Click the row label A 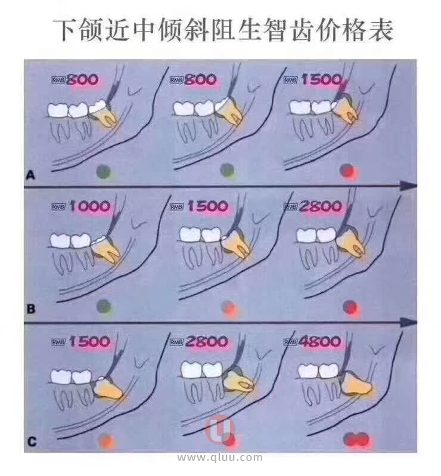30,175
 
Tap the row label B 31,309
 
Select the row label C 32,441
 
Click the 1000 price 90,206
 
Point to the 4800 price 319,342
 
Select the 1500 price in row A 322,80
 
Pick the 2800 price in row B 320,206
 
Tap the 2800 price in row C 207,342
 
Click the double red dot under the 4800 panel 358,440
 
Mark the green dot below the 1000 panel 104,307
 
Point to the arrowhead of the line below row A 409,186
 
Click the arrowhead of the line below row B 409,322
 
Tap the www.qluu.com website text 220,458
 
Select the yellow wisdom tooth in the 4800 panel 357,384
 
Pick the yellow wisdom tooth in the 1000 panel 106,251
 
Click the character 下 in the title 67,30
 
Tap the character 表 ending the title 380,30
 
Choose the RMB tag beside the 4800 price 290,342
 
